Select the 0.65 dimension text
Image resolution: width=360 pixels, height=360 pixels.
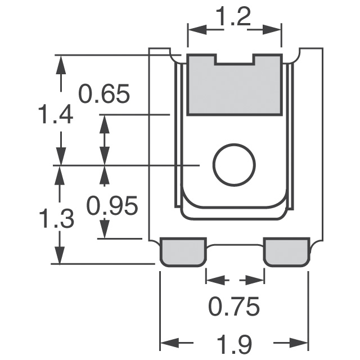(104, 93)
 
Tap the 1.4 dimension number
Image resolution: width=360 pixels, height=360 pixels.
(55, 116)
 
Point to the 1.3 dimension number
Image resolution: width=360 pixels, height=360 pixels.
(56, 218)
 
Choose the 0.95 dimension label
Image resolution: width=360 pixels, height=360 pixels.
(112, 206)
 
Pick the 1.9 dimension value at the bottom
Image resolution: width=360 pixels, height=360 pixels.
(234, 344)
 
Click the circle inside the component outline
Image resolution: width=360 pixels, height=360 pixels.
(234, 165)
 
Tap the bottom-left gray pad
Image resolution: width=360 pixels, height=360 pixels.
(183, 251)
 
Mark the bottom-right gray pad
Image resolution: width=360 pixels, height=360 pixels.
(286, 251)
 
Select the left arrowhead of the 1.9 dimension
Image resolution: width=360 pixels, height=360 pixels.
(169, 343)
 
